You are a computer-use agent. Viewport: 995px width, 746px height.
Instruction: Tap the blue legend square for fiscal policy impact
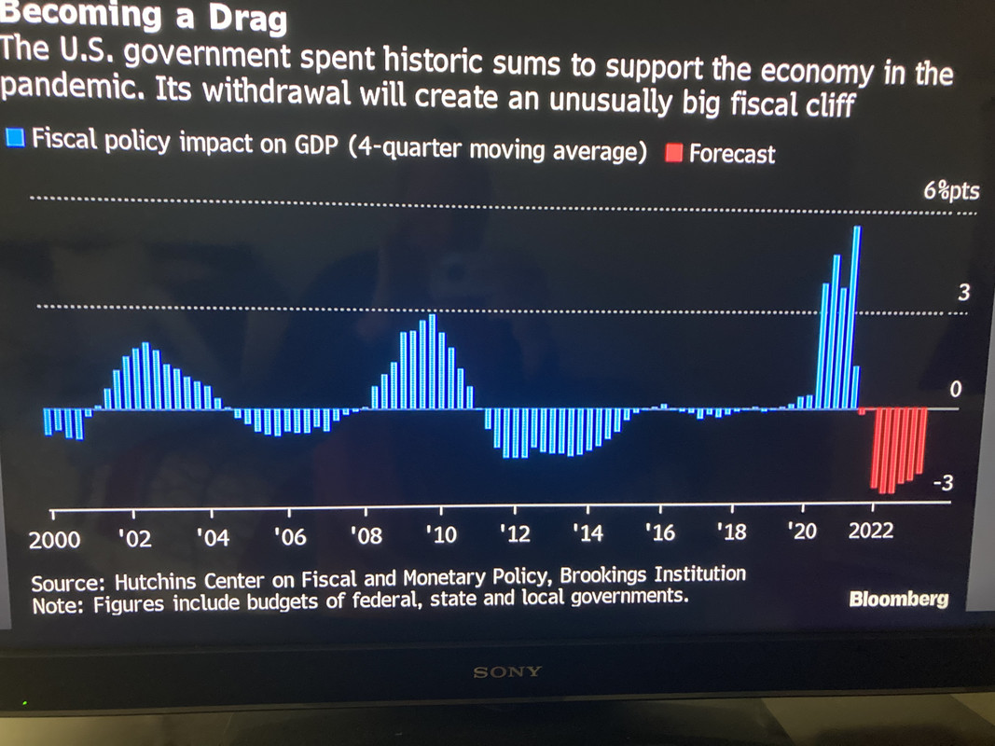click(15, 139)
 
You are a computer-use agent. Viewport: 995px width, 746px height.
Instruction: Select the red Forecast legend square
click(674, 152)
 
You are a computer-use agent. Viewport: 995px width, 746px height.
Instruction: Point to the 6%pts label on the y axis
click(951, 191)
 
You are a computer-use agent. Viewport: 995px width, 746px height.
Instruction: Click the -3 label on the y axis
click(943, 483)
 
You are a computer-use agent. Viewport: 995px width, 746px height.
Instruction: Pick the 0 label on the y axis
click(954, 390)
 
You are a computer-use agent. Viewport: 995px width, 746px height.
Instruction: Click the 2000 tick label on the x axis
click(54, 539)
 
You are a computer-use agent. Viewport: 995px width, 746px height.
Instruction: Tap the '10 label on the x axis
click(439, 535)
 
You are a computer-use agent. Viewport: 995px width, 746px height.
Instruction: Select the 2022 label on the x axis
click(870, 531)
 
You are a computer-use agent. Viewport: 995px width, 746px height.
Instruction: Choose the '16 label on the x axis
click(661, 532)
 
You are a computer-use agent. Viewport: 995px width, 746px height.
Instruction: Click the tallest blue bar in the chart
click(857, 317)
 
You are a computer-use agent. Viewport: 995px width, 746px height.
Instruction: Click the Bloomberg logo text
click(898, 599)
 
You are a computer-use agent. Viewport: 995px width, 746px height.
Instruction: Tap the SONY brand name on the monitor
click(507, 671)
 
